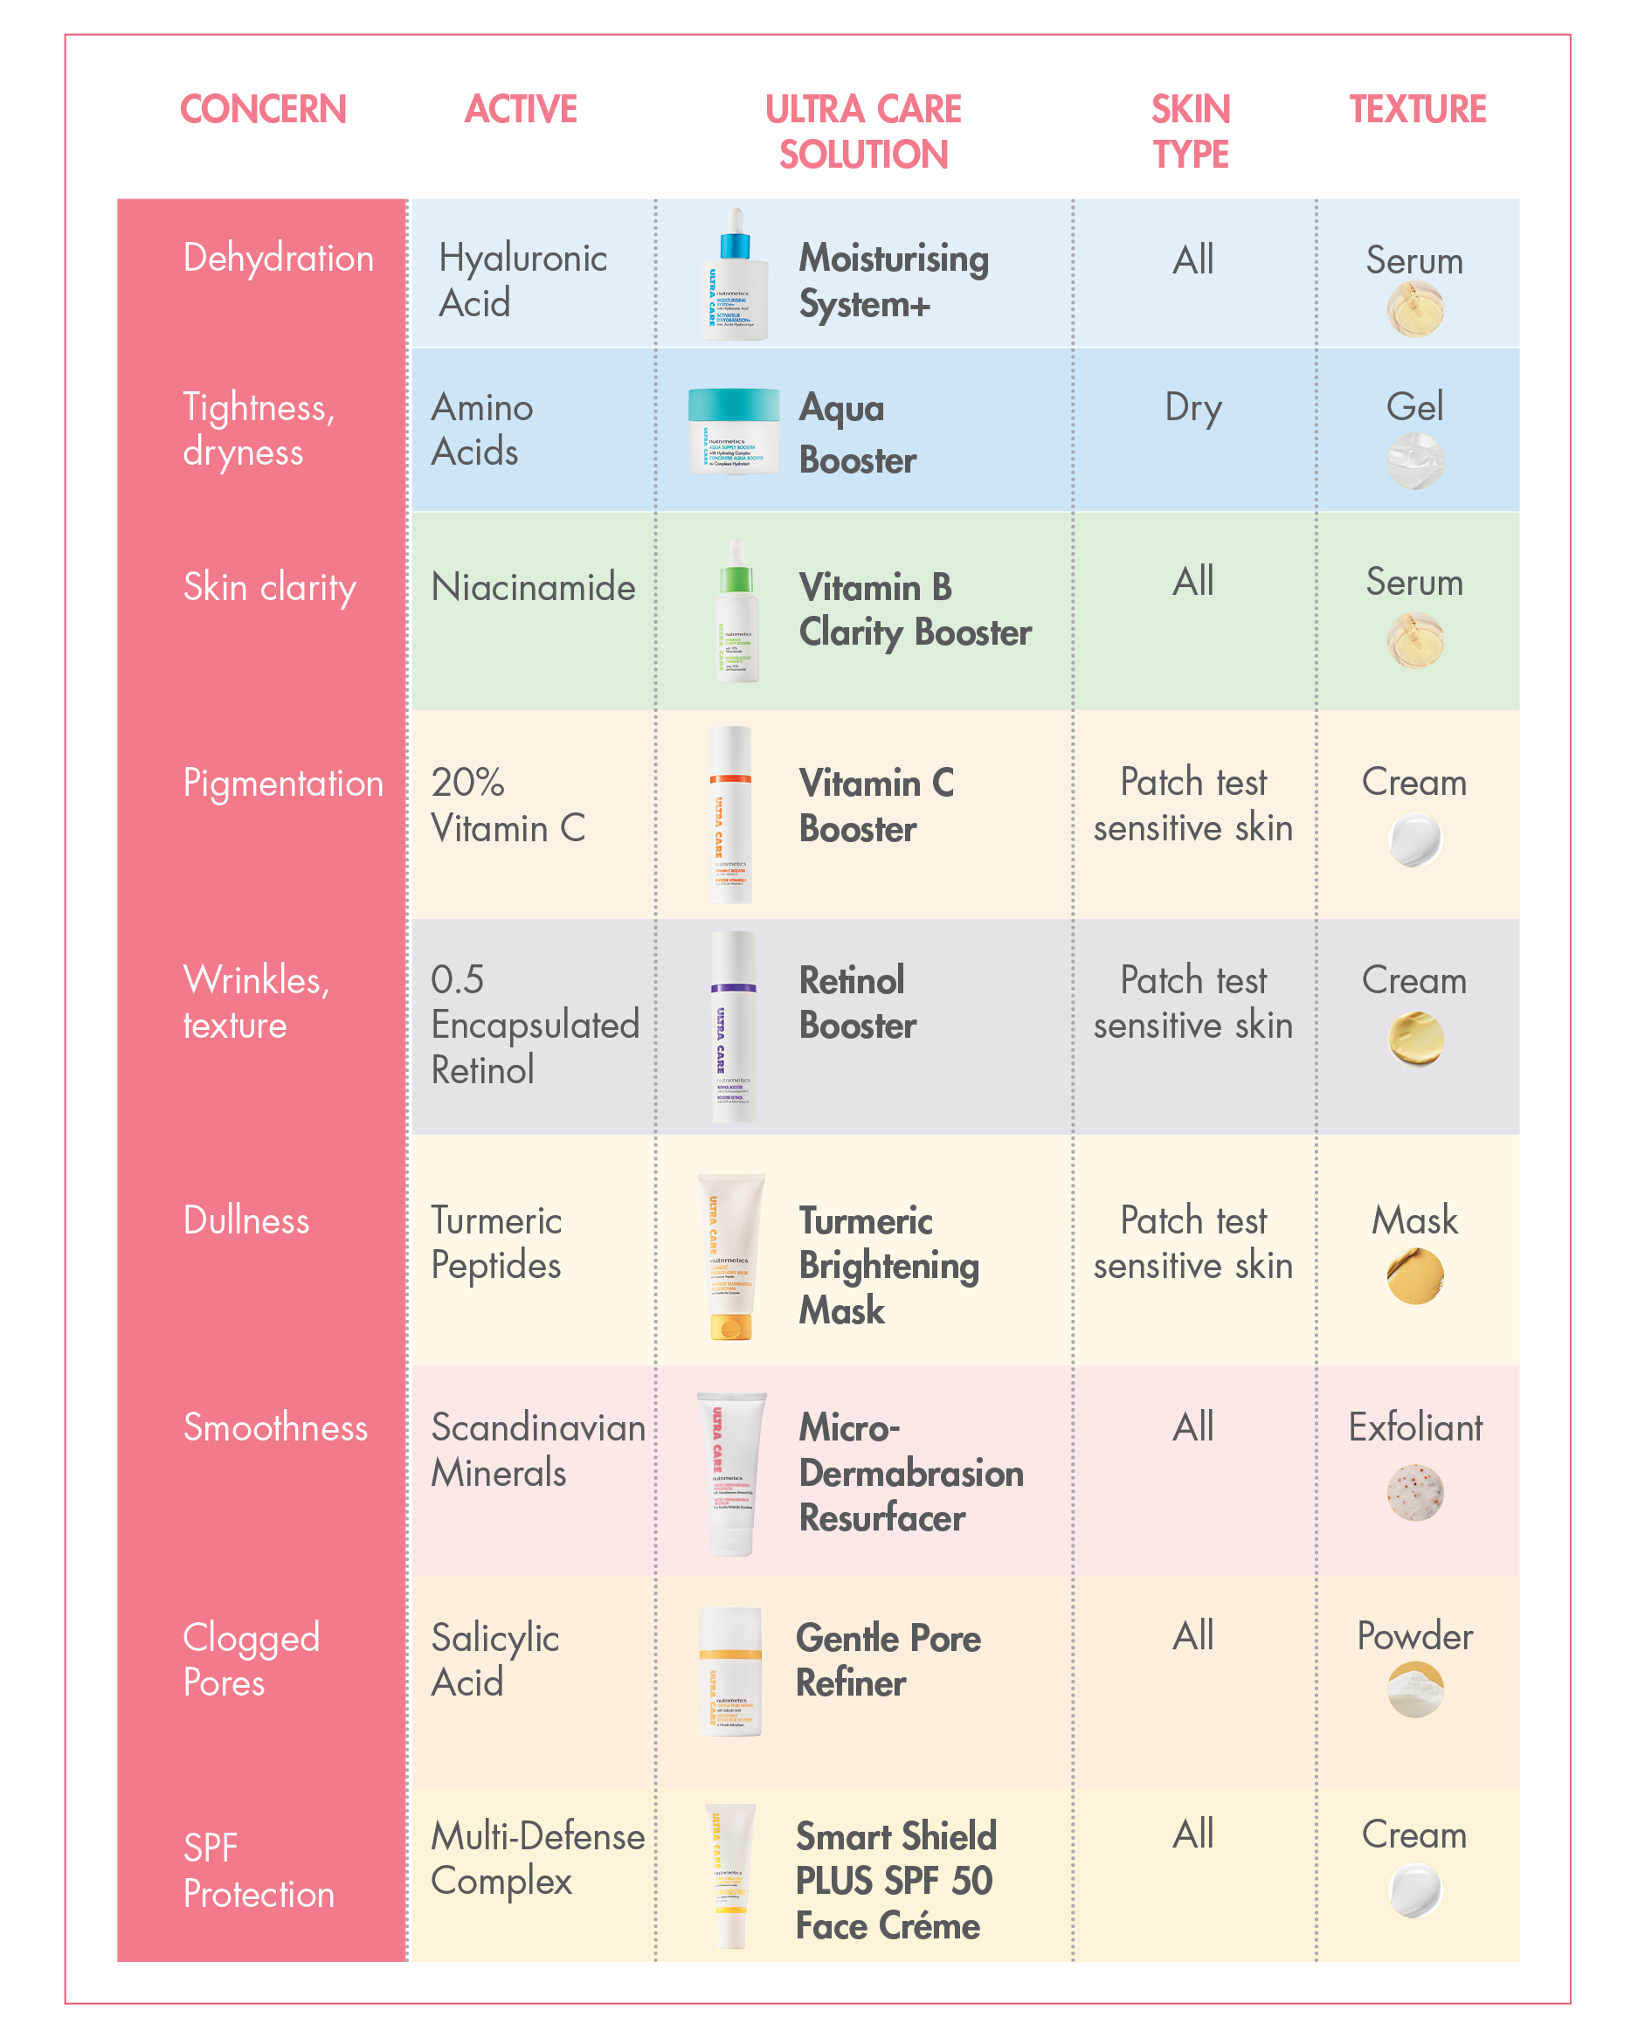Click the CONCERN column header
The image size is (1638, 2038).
263,110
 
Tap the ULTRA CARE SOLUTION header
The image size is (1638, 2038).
862,131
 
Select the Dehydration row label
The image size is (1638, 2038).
278,258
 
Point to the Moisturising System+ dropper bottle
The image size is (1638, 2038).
734,274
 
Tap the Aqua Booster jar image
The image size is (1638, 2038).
734,430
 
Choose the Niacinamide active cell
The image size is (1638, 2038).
532,587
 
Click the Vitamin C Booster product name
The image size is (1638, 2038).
875,805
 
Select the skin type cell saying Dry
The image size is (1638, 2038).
1192,407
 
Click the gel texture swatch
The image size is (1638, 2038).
1414,461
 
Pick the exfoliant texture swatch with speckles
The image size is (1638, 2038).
1414,1492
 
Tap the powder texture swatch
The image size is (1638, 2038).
1414,1690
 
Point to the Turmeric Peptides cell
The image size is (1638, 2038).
496,1243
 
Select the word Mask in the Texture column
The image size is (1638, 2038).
1414,1220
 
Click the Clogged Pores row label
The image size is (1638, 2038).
251,1660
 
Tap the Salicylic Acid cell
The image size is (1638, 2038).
494,1660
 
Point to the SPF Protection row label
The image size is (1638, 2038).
258,1870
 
